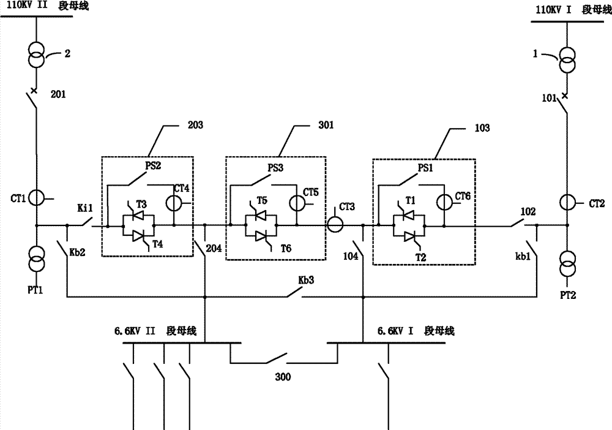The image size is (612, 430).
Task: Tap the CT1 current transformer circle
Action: tap(36, 197)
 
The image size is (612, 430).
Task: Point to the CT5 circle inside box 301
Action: tap(295, 200)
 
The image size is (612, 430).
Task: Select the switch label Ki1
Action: tap(84, 209)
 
